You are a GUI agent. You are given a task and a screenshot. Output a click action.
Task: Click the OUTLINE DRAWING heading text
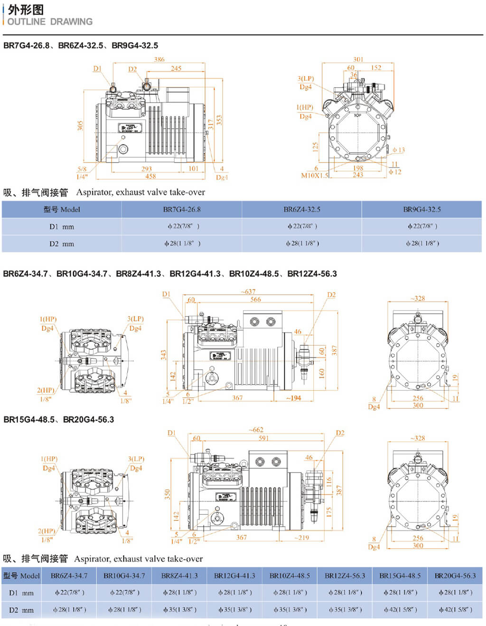tap(50, 22)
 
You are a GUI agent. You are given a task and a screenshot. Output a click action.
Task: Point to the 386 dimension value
tap(159, 59)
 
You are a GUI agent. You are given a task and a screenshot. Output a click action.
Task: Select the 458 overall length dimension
tap(150, 176)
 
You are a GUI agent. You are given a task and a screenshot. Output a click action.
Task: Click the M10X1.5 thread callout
tap(314, 175)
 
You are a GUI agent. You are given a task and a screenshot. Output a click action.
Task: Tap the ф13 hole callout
tap(399, 150)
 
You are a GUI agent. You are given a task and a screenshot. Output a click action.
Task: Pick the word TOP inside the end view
tap(358, 116)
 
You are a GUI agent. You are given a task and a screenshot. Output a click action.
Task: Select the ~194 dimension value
tap(293, 398)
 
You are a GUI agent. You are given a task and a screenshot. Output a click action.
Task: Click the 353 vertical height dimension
tap(219, 120)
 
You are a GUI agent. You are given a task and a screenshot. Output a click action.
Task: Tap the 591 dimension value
tap(263, 438)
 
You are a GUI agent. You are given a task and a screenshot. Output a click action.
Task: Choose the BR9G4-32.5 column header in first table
tap(421, 209)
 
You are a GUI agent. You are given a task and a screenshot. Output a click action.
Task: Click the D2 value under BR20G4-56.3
tap(455, 609)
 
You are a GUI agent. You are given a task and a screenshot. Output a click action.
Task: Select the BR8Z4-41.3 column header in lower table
tap(179, 576)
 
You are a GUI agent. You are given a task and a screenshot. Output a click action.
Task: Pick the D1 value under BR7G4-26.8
tap(183, 226)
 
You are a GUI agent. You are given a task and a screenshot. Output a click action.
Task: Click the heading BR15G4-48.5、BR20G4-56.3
tap(58, 420)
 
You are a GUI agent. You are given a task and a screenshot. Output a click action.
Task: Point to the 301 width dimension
tap(358, 59)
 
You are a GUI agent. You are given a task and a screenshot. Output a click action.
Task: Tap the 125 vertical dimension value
tap(315, 147)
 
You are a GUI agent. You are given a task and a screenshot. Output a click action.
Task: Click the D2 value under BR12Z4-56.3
tap(345, 609)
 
